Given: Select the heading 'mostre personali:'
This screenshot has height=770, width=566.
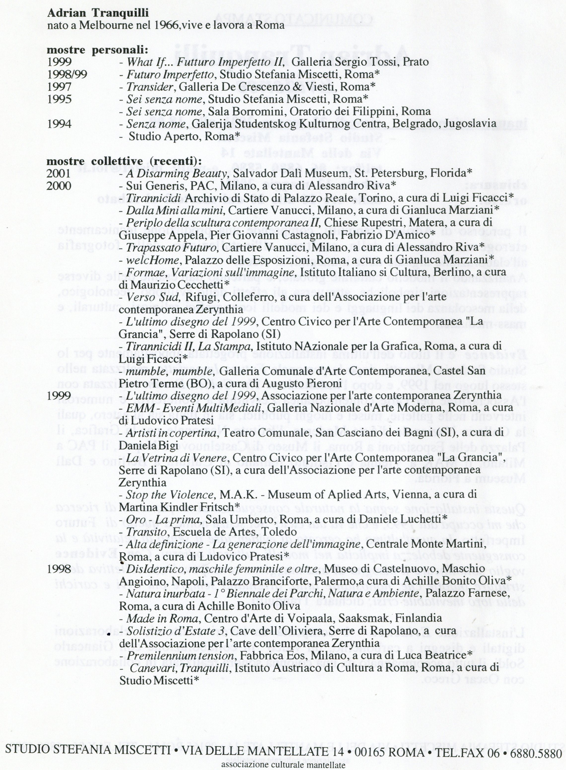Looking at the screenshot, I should tap(97, 50).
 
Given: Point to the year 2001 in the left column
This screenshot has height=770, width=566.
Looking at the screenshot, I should tap(59, 173).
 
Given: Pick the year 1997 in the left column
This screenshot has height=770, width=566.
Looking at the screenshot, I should tap(59, 87).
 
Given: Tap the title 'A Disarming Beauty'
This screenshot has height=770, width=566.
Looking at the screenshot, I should tap(177, 173).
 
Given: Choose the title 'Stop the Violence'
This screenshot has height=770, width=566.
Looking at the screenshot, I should tap(170, 495).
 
